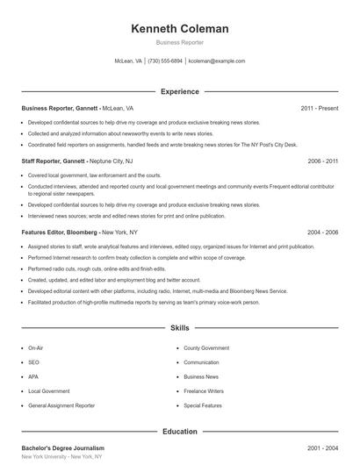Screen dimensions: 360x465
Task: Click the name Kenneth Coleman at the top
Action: (179, 29)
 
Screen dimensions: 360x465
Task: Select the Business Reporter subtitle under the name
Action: (179, 42)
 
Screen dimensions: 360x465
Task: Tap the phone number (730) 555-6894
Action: (165, 61)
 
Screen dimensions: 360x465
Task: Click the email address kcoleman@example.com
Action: (216, 61)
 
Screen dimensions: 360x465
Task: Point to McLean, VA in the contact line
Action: (128, 61)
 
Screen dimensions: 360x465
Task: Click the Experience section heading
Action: (179, 91)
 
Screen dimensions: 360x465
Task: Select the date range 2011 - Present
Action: (319, 108)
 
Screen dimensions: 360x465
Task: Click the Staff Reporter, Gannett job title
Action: (53, 161)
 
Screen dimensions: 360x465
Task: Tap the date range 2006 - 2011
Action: (322, 161)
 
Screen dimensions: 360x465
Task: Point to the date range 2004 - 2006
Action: (322, 232)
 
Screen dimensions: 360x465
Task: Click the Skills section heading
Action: (179, 328)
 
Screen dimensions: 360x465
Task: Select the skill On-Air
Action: (36, 348)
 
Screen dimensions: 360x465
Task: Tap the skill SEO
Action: (33, 362)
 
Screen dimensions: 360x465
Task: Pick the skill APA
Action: (33, 377)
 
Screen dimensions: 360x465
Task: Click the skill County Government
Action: (206, 348)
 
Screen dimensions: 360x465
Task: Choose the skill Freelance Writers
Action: (205, 391)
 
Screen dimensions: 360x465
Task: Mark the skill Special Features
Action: (203, 406)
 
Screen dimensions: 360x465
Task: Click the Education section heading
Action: (179, 432)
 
